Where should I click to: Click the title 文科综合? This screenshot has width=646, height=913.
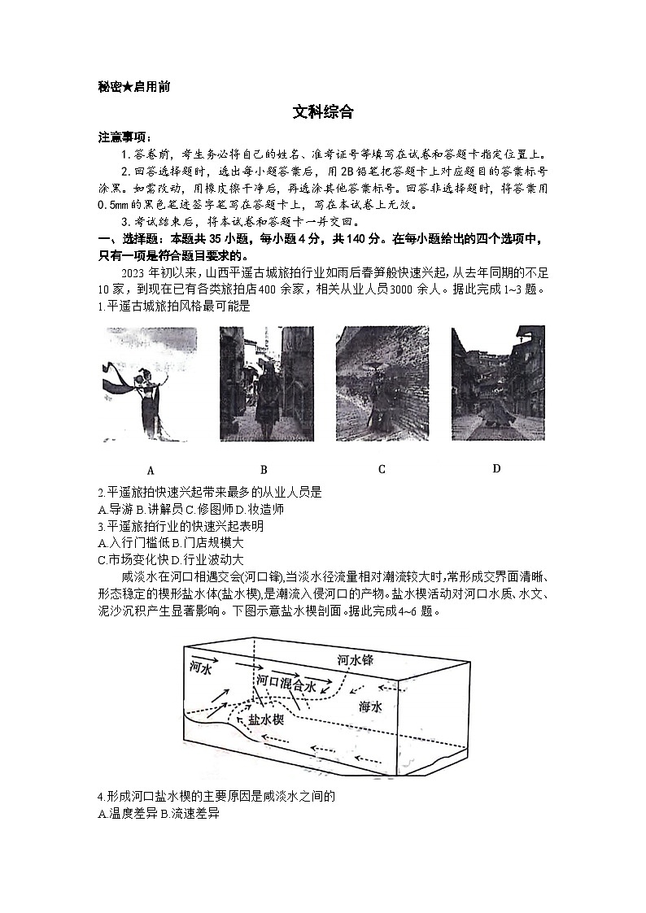point(323,113)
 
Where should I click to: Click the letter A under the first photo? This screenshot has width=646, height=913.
point(151,470)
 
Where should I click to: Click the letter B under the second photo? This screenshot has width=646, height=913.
point(264,469)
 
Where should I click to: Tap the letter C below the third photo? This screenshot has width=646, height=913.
point(382,469)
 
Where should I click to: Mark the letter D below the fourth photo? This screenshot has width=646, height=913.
point(496,468)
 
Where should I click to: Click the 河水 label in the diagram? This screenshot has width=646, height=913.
point(200,667)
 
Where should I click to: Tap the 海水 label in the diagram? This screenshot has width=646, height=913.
point(370,706)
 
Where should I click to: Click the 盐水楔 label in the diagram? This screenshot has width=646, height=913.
point(264,720)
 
